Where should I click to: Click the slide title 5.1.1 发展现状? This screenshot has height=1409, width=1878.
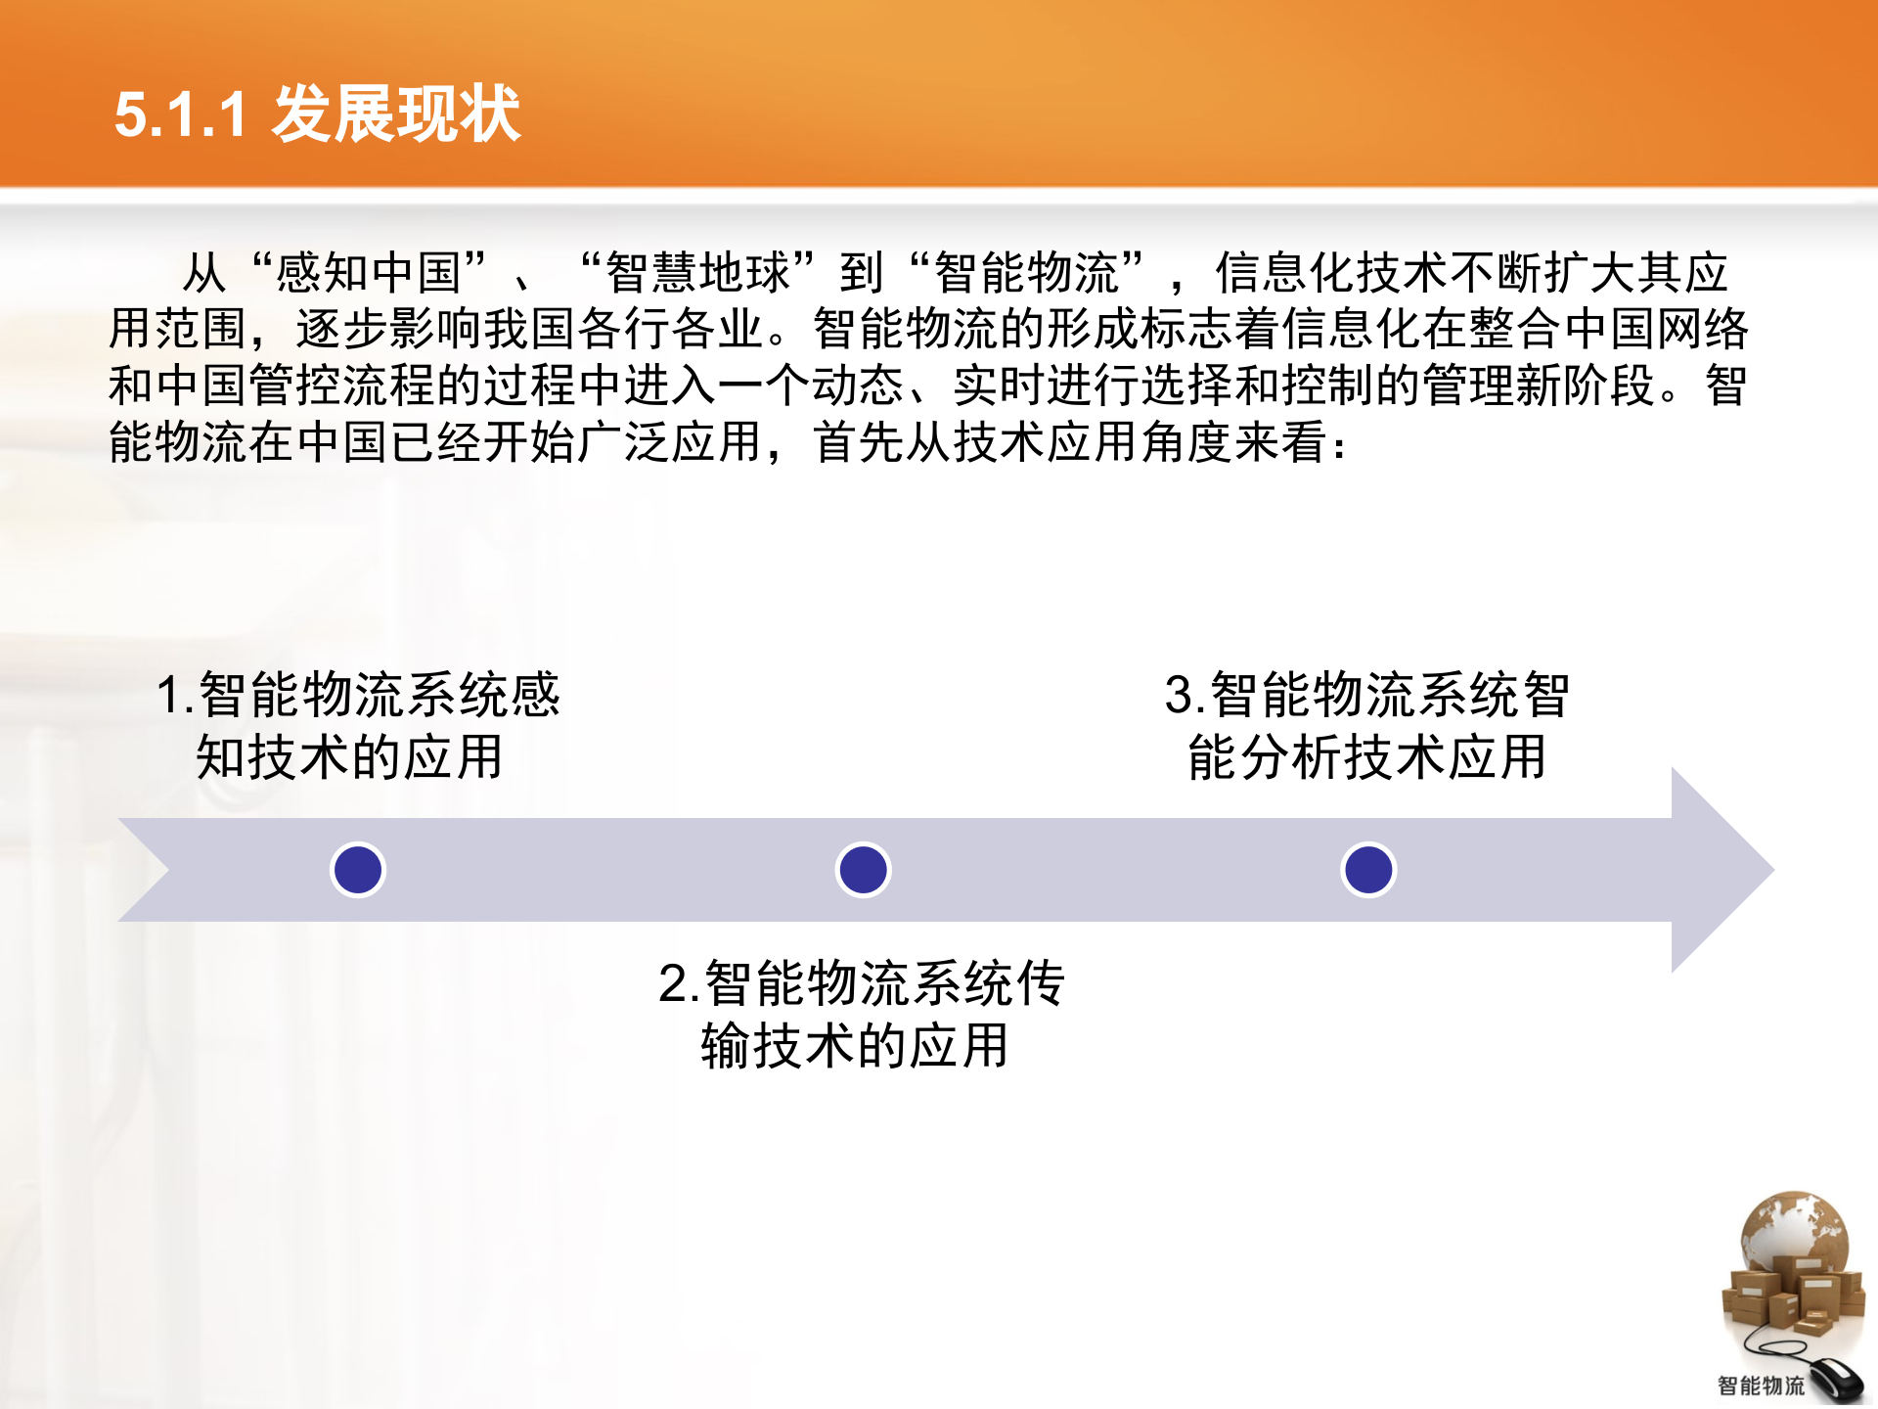(x=317, y=114)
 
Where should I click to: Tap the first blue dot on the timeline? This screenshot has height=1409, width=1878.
(x=358, y=870)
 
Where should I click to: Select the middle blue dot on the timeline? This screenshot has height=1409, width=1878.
(x=863, y=870)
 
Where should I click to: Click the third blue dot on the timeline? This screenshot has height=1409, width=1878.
(x=1367, y=870)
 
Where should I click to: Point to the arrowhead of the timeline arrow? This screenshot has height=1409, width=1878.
(x=1721, y=870)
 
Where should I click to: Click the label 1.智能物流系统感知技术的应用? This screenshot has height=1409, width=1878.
(x=357, y=726)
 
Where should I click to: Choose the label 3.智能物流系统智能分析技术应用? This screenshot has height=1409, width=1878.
(x=1366, y=726)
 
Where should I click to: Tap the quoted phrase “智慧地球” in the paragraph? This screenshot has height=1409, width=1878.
(x=697, y=272)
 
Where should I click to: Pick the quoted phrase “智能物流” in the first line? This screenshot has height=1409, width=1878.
(x=1026, y=272)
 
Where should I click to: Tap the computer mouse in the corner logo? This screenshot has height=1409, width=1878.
(x=1835, y=1380)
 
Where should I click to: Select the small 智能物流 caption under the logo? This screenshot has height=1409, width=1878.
(x=1761, y=1386)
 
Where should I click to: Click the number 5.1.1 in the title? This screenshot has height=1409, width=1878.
(x=180, y=115)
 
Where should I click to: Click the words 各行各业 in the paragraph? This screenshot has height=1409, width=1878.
(x=671, y=329)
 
